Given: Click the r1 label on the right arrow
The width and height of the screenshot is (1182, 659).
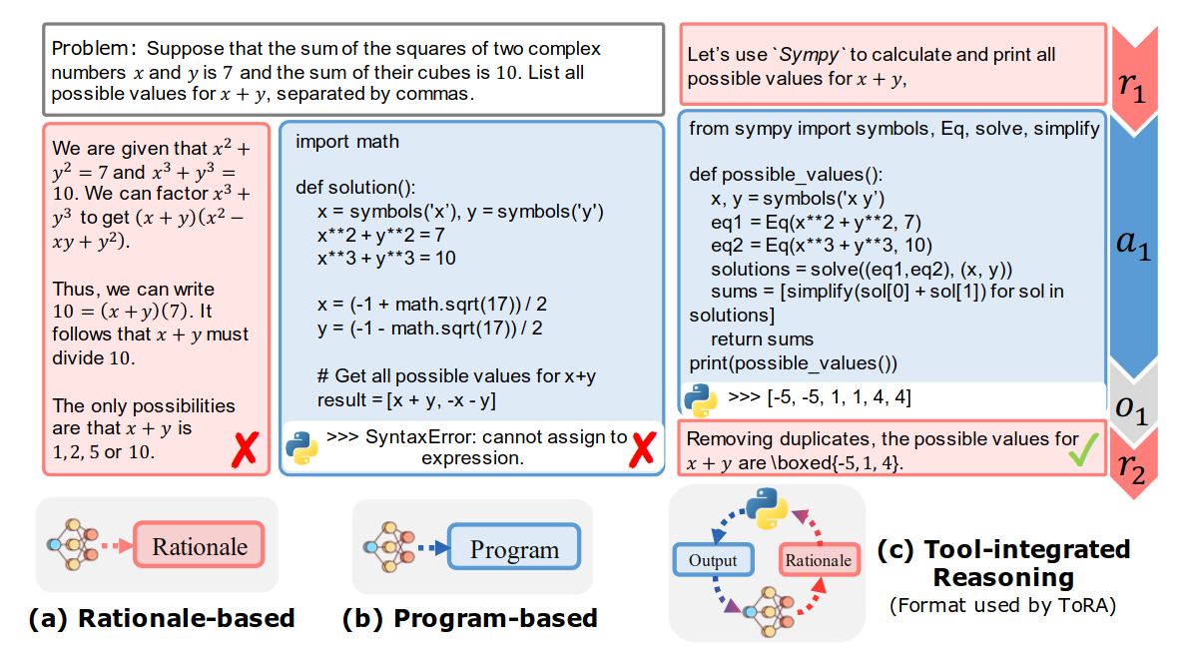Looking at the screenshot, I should pyautogui.click(x=1131, y=88).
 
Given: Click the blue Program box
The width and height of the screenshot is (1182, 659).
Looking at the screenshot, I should pyautogui.click(x=514, y=549).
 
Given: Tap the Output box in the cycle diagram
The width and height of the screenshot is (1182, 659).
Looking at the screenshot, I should pyautogui.click(x=712, y=560).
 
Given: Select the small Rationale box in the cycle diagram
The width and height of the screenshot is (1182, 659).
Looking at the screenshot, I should pyautogui.click(x=818, y=560).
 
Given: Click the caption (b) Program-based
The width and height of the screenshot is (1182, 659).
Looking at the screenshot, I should pyautogui.click(x=469, y=618).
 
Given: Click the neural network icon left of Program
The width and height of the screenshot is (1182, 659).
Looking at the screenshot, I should pyautogui.click(x=383, y=547).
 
